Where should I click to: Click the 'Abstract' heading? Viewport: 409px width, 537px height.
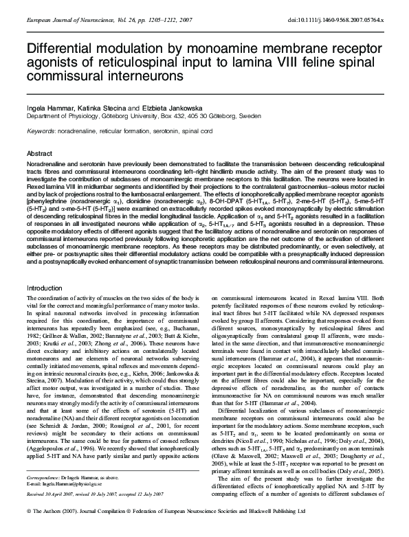(x=40, y=153)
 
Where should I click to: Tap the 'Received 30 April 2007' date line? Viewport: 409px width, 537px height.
(x=54, y=512)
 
